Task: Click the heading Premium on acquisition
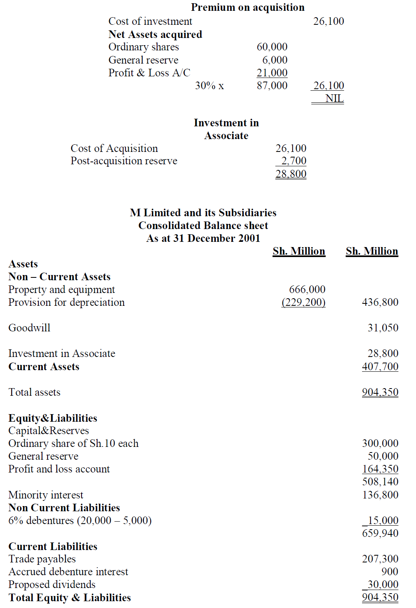coord(247,7)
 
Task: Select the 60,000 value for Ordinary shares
coord(272,47)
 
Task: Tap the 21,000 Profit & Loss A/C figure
coord(272,73)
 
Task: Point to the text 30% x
coord(209,86)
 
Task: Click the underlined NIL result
coord(334,98)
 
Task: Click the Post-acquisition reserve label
coord(124,161)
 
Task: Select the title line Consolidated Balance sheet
coord(203,225)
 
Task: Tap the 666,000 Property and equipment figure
coord(307,289)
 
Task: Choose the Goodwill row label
coord(29,328)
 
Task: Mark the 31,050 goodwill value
coord(383,328)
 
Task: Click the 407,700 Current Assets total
coord(380,367)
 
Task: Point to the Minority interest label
coord(46,495)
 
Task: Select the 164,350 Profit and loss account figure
coord(380,469)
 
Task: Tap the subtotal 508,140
coord(380,482)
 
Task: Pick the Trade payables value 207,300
coord(380,559)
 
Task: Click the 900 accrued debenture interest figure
coord(390,572)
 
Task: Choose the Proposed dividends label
coord(52,584)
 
